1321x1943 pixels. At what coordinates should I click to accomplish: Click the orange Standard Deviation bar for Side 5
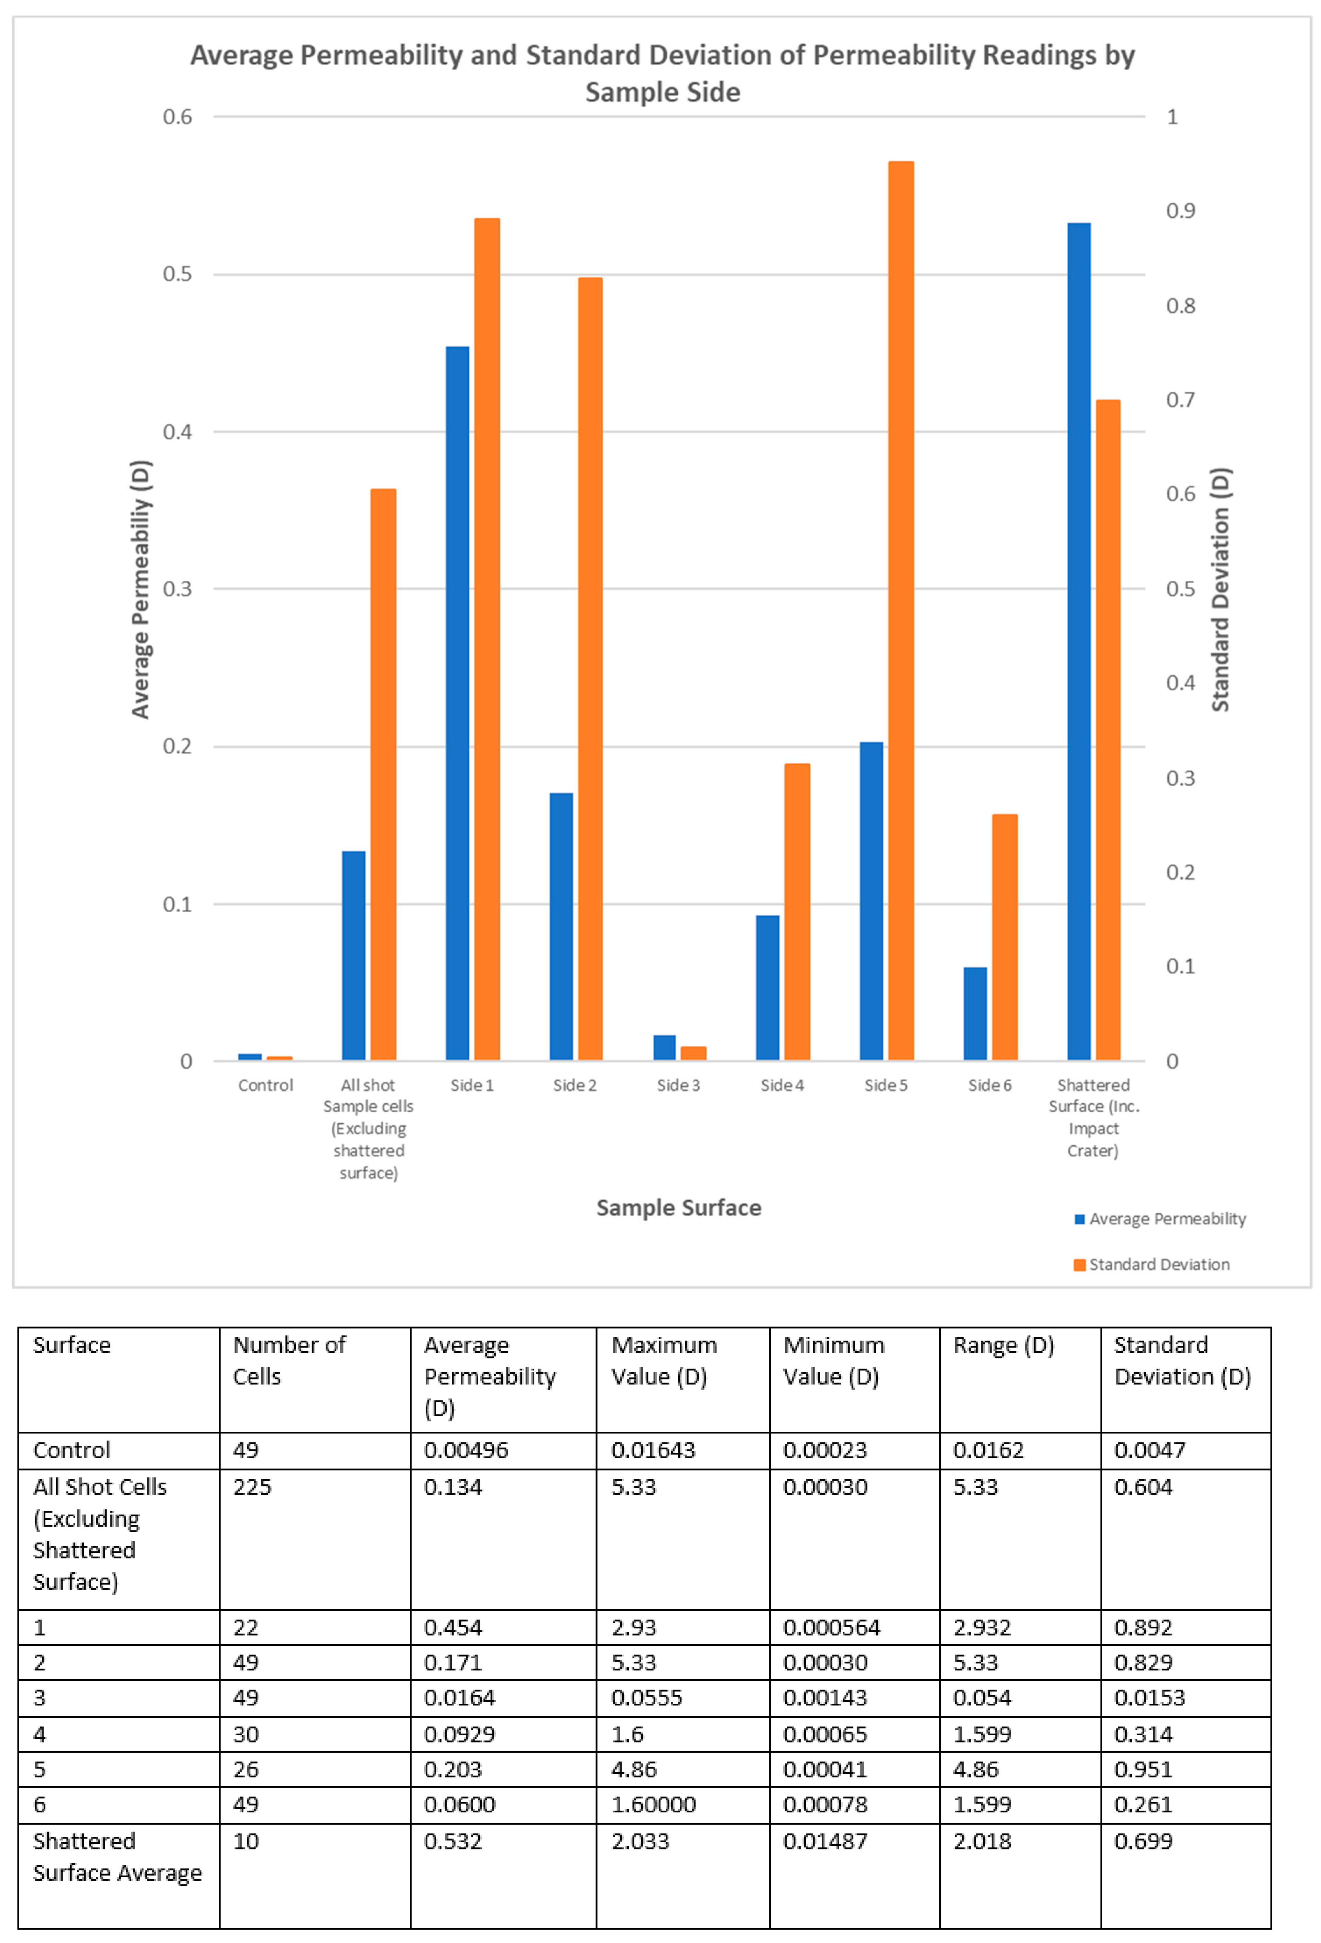click(900, 610)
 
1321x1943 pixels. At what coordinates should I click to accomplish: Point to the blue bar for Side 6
click(975, 1013)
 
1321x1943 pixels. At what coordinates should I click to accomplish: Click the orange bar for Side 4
click(797, 911)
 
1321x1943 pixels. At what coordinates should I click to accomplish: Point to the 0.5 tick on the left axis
click(177, 274)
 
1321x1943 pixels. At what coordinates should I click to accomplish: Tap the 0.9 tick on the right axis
click(1180, 211)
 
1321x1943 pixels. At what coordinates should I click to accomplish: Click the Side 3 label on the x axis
click(678, 1085)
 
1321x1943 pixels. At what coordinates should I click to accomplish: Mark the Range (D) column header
click(1003, 1345)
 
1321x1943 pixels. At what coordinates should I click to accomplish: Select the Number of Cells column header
click(288, 1360)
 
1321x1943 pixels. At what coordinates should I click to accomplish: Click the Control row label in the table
click(72, 1450)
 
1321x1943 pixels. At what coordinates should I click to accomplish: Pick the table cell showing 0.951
click(1143, 1769)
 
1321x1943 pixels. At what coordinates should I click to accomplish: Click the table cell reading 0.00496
click(466, 1450)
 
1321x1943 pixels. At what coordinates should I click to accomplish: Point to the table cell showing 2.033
click(641, 1841)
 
